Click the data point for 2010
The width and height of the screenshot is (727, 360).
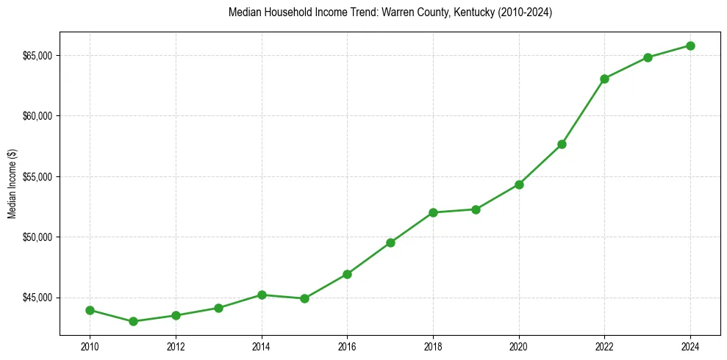tap(90, 310)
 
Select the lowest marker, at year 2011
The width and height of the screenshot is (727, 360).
tap(133, 321)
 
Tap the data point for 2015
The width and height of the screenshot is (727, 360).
tap(304, 298)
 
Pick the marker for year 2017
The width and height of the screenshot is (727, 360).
tap(390, 242)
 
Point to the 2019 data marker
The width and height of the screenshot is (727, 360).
tap(476, 209)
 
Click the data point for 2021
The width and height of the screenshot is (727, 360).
tap(562, 144)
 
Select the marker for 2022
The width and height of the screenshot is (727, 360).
tap(604, 79)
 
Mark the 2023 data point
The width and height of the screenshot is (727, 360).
tap(648, 57)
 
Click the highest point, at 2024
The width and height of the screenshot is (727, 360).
tap(690, 46)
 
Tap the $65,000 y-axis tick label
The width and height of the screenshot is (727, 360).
tap(37, 56)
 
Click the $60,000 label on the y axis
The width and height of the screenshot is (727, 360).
tap(37, 116)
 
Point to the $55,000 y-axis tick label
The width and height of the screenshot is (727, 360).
tap(37, 177)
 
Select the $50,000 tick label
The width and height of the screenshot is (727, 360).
tap(37, 237)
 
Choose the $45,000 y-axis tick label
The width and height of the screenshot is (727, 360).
tap(37, 298)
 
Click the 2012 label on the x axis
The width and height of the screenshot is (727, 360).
tap(176, 347)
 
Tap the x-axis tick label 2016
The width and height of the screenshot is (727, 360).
tap(347, 347)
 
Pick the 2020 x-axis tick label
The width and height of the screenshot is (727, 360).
tap(519, 347)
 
